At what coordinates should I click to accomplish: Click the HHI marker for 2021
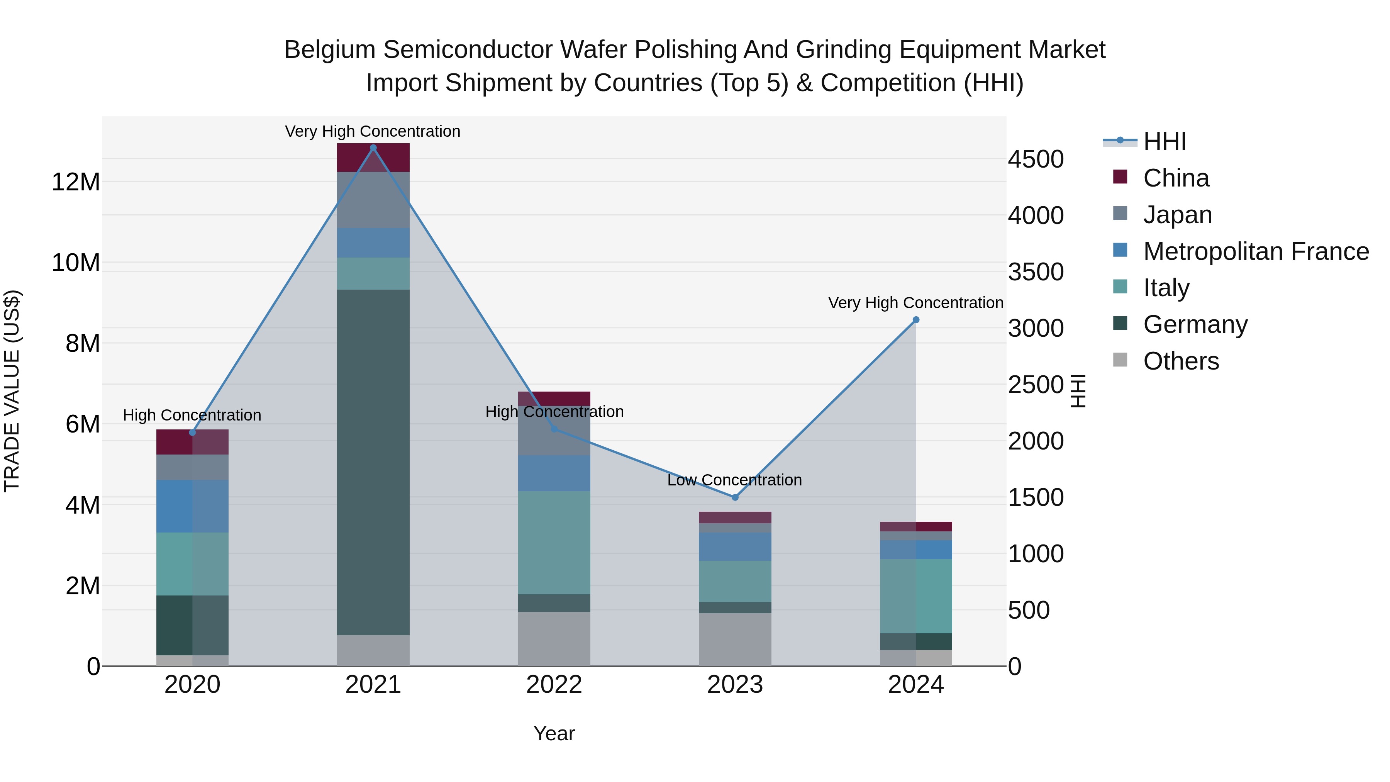(373, 148)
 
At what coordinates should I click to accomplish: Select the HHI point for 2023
(734, 497)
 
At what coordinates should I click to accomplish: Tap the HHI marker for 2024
(916, 320)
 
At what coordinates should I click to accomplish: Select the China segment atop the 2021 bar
(373, 157)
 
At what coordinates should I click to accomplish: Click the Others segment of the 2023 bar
(734, 639)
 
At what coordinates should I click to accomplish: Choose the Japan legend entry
(1177, 215)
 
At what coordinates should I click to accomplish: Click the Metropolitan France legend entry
(1255, 251)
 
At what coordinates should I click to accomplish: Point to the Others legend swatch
(1120, 360)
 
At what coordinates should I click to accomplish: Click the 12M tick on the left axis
(76, 182)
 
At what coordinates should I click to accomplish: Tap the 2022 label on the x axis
(554, 685)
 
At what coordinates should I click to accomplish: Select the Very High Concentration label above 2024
(916, 303)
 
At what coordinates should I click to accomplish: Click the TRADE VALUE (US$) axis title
(12, 391)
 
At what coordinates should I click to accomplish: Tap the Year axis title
(554, 733)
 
